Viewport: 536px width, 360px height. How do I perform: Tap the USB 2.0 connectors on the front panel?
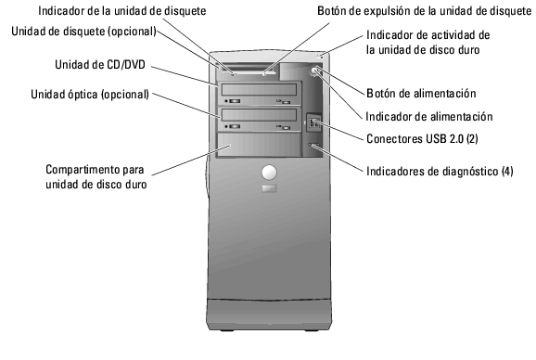click(x=314, y=122)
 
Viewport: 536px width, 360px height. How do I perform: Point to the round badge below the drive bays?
click(x=270, y=172)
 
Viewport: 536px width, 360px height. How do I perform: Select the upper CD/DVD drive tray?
click(x=260, y=94)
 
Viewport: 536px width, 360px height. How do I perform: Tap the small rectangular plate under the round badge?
click(x=270, y=189)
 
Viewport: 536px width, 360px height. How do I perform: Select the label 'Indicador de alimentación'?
click(x=428, y=117)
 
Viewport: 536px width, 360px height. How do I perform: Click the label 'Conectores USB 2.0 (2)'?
click(x=422, y=139)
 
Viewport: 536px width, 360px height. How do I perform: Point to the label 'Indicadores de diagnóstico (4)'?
click(x=440, y=171)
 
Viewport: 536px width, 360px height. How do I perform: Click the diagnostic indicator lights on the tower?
click(x=313, y=147)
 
